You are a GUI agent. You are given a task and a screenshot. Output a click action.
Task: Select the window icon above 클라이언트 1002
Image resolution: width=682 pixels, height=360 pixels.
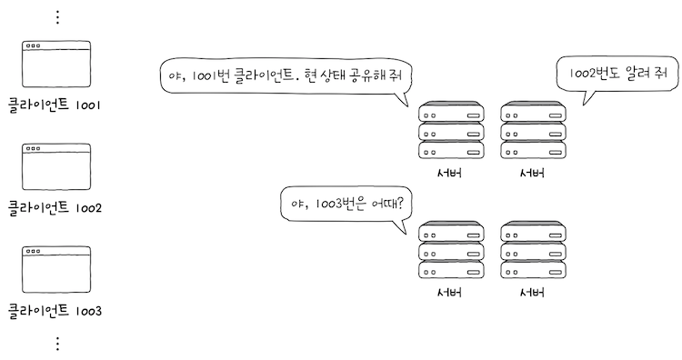coord(56,166)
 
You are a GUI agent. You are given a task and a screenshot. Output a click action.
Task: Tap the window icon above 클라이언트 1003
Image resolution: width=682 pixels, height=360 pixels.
coord(56,269)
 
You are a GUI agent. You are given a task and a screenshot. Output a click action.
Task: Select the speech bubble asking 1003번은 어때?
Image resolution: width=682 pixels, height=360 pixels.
coord(346,205)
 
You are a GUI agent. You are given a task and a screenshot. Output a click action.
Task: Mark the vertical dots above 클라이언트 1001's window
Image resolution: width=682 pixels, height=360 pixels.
coord(57,17)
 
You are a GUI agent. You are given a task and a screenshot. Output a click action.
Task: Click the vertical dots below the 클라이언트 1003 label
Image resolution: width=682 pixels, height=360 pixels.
coord(57,343)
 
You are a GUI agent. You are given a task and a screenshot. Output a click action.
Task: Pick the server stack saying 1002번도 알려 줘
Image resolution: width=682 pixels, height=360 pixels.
coord(533,132)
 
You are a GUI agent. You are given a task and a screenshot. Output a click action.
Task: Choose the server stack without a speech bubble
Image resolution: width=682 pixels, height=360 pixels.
coord(533,250)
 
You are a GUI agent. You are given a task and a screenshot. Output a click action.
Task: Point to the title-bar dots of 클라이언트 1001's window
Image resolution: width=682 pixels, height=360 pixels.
coord(33,45)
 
